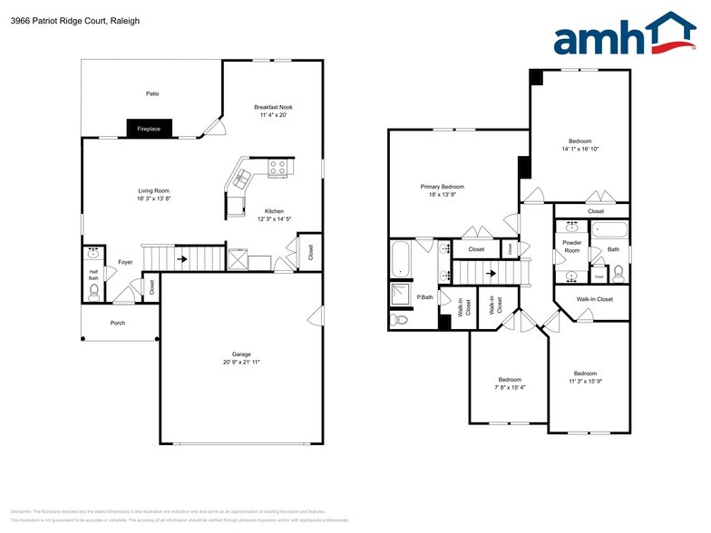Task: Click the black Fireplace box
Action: click(149, 129)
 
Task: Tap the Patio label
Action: click(153, 93)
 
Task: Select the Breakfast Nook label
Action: click(273, 107)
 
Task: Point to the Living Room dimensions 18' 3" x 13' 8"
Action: click(153, 199)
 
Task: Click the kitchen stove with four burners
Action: click(278, 168)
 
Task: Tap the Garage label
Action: click(241, 354)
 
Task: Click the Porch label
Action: click(118, 323)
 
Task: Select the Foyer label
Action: click(125, 262)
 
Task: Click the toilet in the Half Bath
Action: click(94, 290)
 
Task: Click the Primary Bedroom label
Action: click(442, 187)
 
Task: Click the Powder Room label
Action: click(572, 246)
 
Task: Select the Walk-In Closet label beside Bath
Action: click(595, 298)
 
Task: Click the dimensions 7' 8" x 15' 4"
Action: click(509, 387)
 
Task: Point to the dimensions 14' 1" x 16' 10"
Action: click(580, 149)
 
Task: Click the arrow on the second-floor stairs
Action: click(491, 272)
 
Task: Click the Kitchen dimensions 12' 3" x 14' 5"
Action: click(274, 219)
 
